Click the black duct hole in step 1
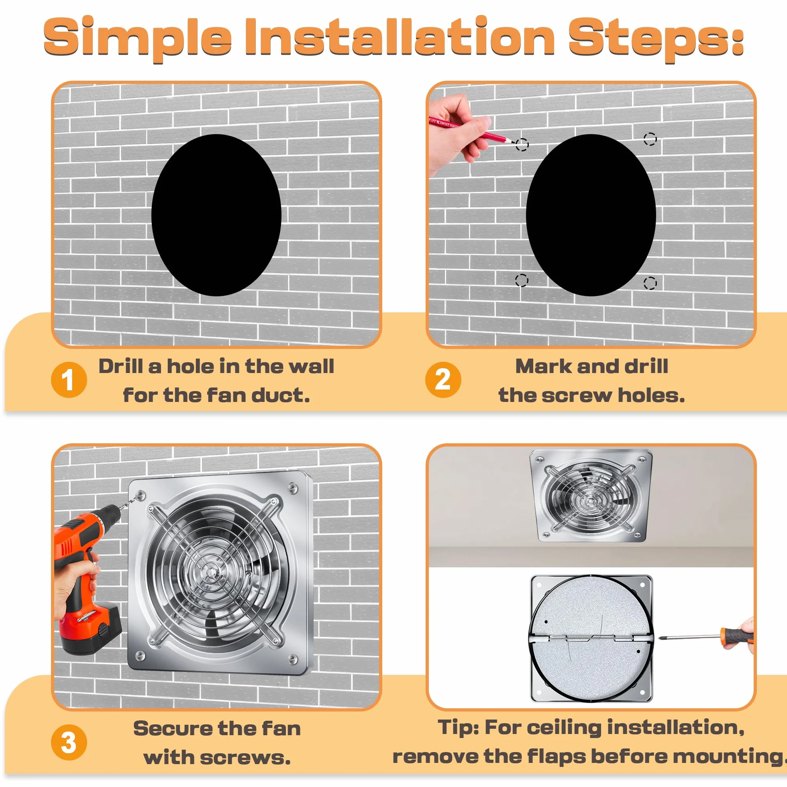(216, 215)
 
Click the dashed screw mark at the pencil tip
(522, 145)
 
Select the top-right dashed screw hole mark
(650, 139)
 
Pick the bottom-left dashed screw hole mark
(522, 280)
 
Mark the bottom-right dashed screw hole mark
(650, 283)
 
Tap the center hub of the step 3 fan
(210, 571)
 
